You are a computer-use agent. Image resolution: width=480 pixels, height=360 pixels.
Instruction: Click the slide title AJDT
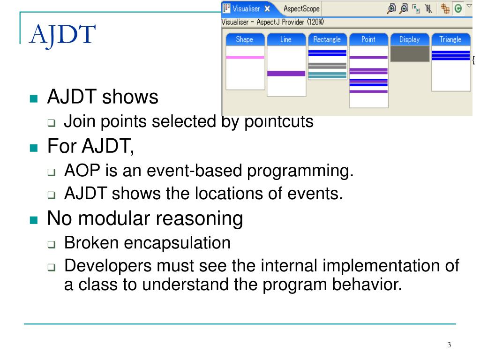coord(62,35)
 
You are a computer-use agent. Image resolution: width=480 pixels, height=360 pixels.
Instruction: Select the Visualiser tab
coord(246,8)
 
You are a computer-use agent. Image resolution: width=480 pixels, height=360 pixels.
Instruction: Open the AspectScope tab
coord(301,8)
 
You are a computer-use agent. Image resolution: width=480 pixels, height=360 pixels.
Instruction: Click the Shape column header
coord(245,39)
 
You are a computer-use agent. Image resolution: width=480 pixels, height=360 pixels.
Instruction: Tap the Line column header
coord(286,39)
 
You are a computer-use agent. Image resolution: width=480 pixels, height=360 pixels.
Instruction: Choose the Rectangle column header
coord(327,39)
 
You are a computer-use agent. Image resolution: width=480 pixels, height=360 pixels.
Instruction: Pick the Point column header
coord(368,39)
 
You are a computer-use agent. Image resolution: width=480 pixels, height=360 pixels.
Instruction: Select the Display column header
coord(410,39)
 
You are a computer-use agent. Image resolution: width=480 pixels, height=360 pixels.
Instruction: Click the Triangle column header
coord(451,39)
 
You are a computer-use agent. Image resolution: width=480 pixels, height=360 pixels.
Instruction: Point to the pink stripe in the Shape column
coord(245,57)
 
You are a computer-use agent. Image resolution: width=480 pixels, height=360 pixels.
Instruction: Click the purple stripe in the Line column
coord(286,74)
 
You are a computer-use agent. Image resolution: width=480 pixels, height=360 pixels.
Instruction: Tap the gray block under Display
coord(410,54)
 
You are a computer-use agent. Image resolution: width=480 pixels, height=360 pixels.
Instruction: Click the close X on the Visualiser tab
coord(267,9)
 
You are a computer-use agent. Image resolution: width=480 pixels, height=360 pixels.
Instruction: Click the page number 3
coord(449,345)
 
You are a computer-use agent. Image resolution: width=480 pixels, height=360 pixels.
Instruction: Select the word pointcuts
coord(279,121)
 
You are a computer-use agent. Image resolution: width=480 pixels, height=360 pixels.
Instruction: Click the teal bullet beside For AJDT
coord(34,148)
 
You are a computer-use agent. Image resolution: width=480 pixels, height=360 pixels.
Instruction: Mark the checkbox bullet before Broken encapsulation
coord(52,244)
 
